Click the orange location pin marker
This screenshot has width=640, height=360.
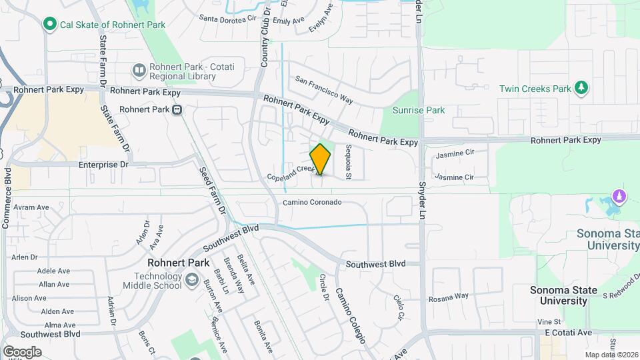320,159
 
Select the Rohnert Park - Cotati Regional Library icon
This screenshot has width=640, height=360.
139,69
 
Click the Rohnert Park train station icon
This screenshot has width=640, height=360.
177,110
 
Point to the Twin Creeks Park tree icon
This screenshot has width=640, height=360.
582,88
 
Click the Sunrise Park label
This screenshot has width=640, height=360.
418,110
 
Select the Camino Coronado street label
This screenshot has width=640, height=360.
312,202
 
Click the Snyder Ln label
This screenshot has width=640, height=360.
421,193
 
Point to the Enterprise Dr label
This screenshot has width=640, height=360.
103,164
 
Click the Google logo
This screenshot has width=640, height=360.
22,351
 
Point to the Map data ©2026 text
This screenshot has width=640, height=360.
611,355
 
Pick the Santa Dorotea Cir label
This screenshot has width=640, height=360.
229,19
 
